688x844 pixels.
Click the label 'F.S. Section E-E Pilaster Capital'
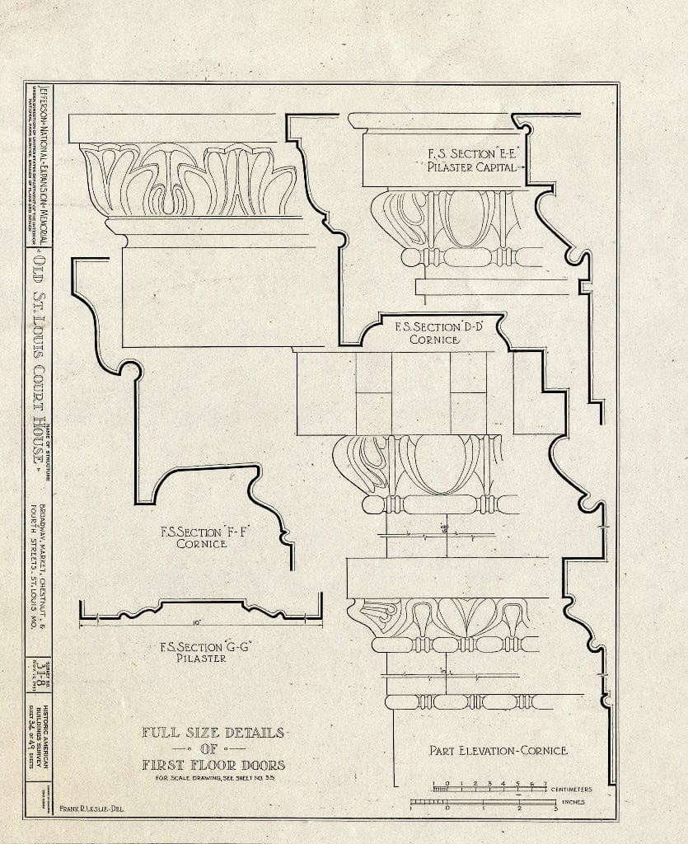[x=471, y=159]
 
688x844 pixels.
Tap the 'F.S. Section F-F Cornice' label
[x=198, y=537]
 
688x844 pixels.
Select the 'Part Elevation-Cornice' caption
[x=498, y=750]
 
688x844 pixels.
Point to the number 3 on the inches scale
[x=556, y=809]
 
